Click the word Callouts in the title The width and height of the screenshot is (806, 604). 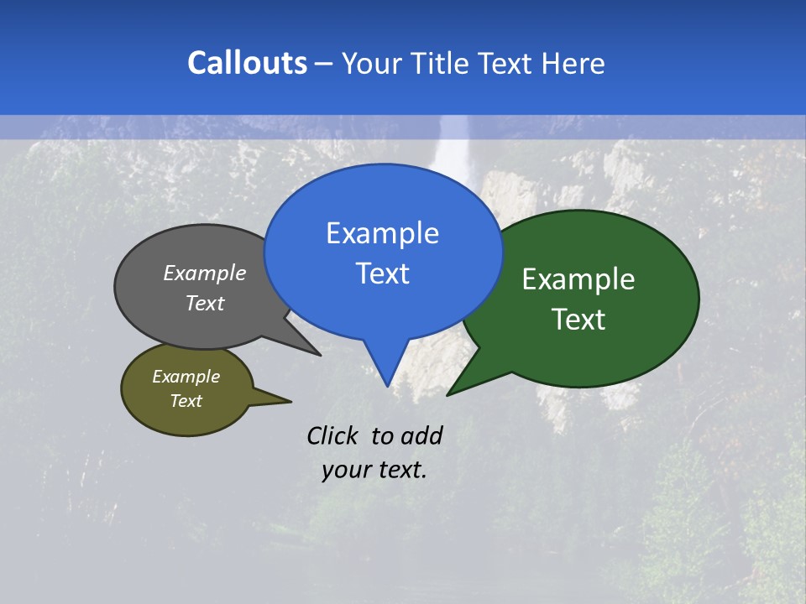pyautogui.click(x=247, y=63)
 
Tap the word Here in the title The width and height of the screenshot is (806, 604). pyautogui.click(x=573, y=63)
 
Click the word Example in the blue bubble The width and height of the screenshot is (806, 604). pyautogui.click(x=382, y=233)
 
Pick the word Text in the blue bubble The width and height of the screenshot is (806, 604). pyautogui.click(x=382, y=273)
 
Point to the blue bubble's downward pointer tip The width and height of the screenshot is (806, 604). pyautogui.click(x=386, y=385)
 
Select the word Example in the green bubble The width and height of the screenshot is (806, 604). pyautogui.click(x=578, y=279)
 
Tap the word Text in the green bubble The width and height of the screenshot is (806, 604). pyautogui.click(x=578, y=320)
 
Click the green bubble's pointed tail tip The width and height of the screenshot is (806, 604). pyautogui.click(x=448, y=394)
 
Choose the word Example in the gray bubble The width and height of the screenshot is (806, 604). pyautogui.click(x=205, y=273)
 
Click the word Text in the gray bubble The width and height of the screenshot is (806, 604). pyautogui.click(x=205, y=304)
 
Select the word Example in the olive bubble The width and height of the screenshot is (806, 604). pyautogui.click(x=186, y=377)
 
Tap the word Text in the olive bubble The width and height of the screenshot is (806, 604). pyautogui.click(x=186, y=401)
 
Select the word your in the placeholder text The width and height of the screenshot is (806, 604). pyautogui.click(x=344, y=470)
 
